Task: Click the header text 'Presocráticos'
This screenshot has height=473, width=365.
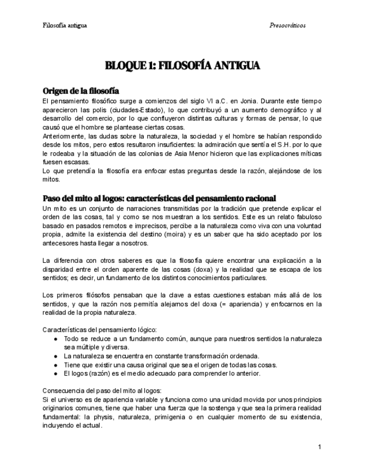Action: (287, 26)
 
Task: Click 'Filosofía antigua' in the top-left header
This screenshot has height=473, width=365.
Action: (65, 26)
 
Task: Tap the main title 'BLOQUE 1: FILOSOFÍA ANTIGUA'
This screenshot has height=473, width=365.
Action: (182, 66)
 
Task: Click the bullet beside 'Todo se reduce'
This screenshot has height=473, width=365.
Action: (56, 339)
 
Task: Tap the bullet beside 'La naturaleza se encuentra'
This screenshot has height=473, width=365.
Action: (56, 356)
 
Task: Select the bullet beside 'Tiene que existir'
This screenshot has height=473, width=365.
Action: (56, 365)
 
